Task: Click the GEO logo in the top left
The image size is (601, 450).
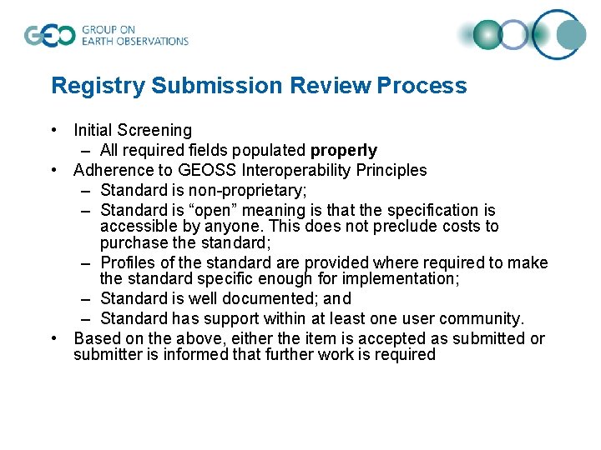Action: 50,35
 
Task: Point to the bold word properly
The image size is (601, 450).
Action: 343,151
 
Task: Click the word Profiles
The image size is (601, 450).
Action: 129,263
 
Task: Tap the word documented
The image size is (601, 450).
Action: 269,298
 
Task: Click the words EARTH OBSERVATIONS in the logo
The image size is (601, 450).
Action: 135,41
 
